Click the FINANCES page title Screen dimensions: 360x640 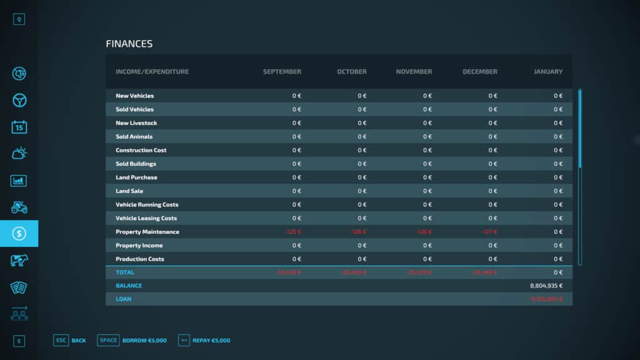pos(129,44)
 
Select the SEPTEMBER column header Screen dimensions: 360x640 pos(282,72)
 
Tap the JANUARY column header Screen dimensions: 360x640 pos(547,72)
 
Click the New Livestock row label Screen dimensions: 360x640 pos(136,123)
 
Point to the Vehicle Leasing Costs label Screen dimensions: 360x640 pos(146,218)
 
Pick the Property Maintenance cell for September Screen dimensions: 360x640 pos(292,232)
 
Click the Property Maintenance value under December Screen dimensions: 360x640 pos(488,232)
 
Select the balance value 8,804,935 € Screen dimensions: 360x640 pos(546,286)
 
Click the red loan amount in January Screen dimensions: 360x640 pos(546,299)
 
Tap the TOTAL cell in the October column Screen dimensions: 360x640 pos(354,272)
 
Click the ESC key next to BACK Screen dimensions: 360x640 pos(61,341)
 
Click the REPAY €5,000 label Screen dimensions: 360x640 pos(211,341)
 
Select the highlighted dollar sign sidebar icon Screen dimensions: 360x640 pos(19,234)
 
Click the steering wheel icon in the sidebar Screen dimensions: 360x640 pos(19,101)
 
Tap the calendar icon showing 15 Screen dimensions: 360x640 pos(19,127)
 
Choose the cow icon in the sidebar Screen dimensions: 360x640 pos(19,261)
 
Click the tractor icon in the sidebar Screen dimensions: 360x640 pos(19,207)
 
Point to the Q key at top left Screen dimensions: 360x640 pos(19,19)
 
